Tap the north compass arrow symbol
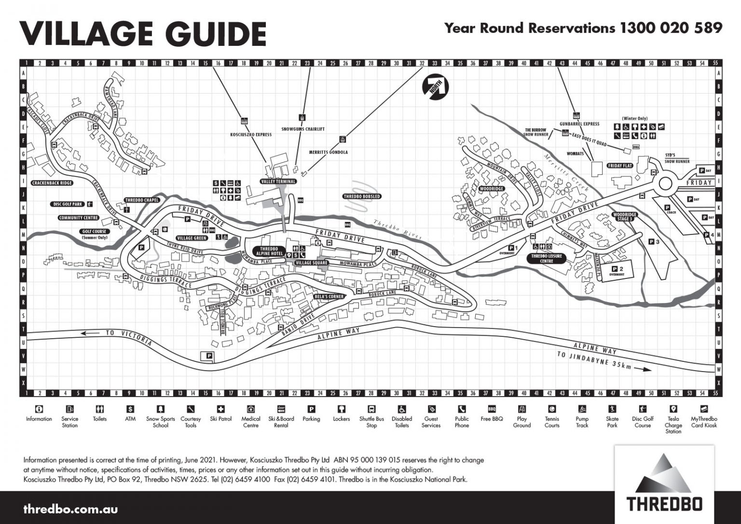pyautogui.click(x=436, y=87)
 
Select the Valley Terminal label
pyautogui.click(x=278, y=181)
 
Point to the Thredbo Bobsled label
pyautogui.click(x=362, y=196)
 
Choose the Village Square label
pyautogui.click(x=311, y=262)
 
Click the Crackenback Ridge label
pyautogui.click(x=52, y=183)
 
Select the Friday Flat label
pyautogui.click(x=620, y=165)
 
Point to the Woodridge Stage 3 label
pyautogui.click(x=624, y=217)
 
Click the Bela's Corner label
pyautogui.click(x=329, y=296)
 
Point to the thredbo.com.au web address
pyautogui.click(x=70, y=509)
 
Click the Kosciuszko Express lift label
pyautogui.click(x=251, y=135)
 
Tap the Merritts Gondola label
pyautogui.click(x=328, y=152)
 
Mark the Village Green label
pyautogui.click(x=192, y=238)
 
